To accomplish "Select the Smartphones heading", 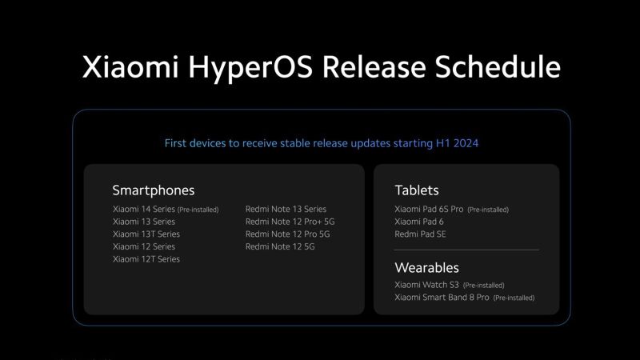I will point(153,190).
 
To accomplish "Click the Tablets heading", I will point(417,190).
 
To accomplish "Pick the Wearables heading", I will point(426,267).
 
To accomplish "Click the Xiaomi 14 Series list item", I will point(144,210).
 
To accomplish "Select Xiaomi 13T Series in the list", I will point(146,234).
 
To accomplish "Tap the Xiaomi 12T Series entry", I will point(146,259).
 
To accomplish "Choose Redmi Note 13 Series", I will point(286,210).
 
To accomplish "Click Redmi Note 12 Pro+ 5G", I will point(290,222).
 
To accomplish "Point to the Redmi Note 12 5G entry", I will point(280,247).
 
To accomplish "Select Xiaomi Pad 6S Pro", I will point(429,210).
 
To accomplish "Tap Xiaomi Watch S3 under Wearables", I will point(426,285).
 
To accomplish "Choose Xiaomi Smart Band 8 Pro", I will point(442,298).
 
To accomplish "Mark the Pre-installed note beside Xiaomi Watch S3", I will point(484,286).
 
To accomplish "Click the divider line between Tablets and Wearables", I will point(466,250).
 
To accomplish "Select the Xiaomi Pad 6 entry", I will point(420,222).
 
